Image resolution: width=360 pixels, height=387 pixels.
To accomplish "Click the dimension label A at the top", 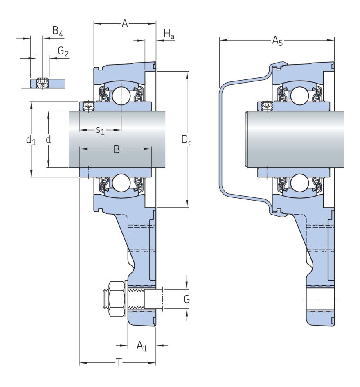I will [125, 24].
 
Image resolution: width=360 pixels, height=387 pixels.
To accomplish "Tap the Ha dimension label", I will [169, 34].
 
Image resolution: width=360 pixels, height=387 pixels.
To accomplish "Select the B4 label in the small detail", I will [58, 31].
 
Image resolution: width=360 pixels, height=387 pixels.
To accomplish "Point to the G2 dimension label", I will [63, 52].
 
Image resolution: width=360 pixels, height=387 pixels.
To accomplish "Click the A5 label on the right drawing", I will [277, 41].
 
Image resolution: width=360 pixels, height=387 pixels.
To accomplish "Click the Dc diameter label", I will [187, 140].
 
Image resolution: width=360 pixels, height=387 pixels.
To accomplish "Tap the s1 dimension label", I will [100, 130].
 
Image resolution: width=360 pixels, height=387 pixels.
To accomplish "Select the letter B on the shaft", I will [116, 150].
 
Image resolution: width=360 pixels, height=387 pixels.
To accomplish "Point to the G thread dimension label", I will [187, 299].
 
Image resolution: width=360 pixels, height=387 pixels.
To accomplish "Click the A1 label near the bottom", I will [142, 346].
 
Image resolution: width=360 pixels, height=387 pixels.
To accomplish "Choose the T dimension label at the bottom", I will [119, 362].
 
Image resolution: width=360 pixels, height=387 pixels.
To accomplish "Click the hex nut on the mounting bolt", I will [117, 299].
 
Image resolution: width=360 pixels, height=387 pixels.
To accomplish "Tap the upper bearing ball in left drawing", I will [121, 95].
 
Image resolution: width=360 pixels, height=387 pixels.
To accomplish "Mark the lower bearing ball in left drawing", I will [121, 183].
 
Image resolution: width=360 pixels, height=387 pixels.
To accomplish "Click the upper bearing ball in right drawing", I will [299, 95].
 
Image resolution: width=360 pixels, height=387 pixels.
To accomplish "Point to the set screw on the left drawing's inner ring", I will [88, 106].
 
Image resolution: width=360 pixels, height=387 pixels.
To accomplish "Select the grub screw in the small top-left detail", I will [41, 83].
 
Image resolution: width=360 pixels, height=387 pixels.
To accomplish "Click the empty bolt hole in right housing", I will [321, 299].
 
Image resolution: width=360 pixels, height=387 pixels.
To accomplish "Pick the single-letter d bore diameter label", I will [48, 140].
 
